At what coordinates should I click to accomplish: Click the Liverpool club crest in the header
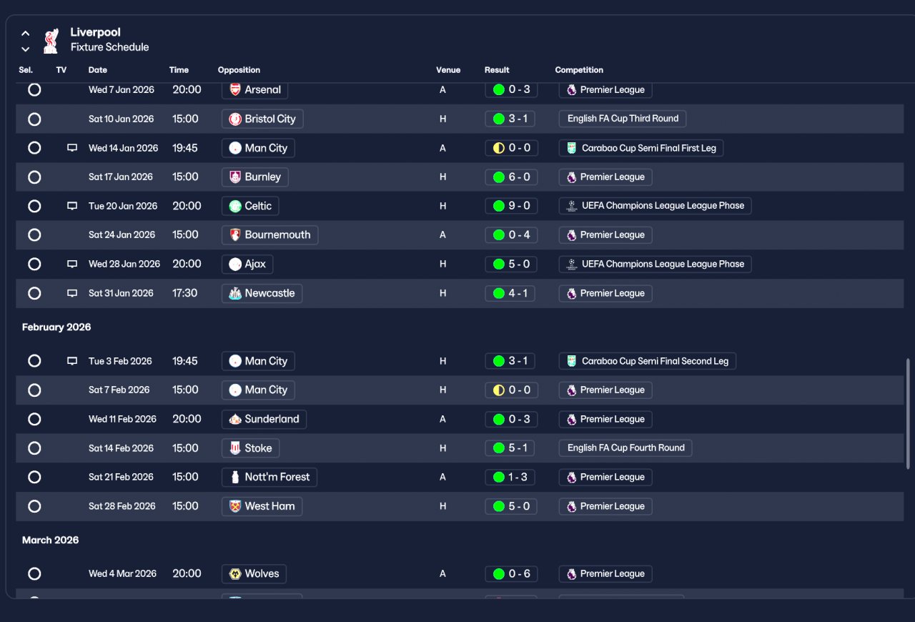(50, 41)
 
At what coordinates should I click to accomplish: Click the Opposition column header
(239, 70)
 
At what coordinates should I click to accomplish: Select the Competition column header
(579, 70)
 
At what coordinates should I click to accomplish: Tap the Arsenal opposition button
(255, 90)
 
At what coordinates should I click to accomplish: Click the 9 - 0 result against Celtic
(510, 206)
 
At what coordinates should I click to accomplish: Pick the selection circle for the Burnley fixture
(34, 177)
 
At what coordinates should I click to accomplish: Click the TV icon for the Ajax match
(72, 264)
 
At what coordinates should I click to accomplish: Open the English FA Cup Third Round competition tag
(623, 119)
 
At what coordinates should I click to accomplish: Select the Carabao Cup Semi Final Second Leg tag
(647, 361)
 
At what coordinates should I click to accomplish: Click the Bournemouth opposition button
(269, 235)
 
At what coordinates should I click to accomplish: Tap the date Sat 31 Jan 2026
(121, 293)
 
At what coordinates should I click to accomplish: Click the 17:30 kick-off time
(184, 293)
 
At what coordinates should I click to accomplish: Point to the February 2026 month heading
(56, 327)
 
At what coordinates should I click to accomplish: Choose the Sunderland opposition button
(264, 419)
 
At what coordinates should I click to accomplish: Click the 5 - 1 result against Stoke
(510, 448)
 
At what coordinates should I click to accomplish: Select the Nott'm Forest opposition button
(269, 477)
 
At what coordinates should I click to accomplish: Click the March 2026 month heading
(50, 540)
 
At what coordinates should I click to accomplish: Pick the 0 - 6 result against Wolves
(510, 573)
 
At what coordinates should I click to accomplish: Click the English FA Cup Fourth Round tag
(625, 448)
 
